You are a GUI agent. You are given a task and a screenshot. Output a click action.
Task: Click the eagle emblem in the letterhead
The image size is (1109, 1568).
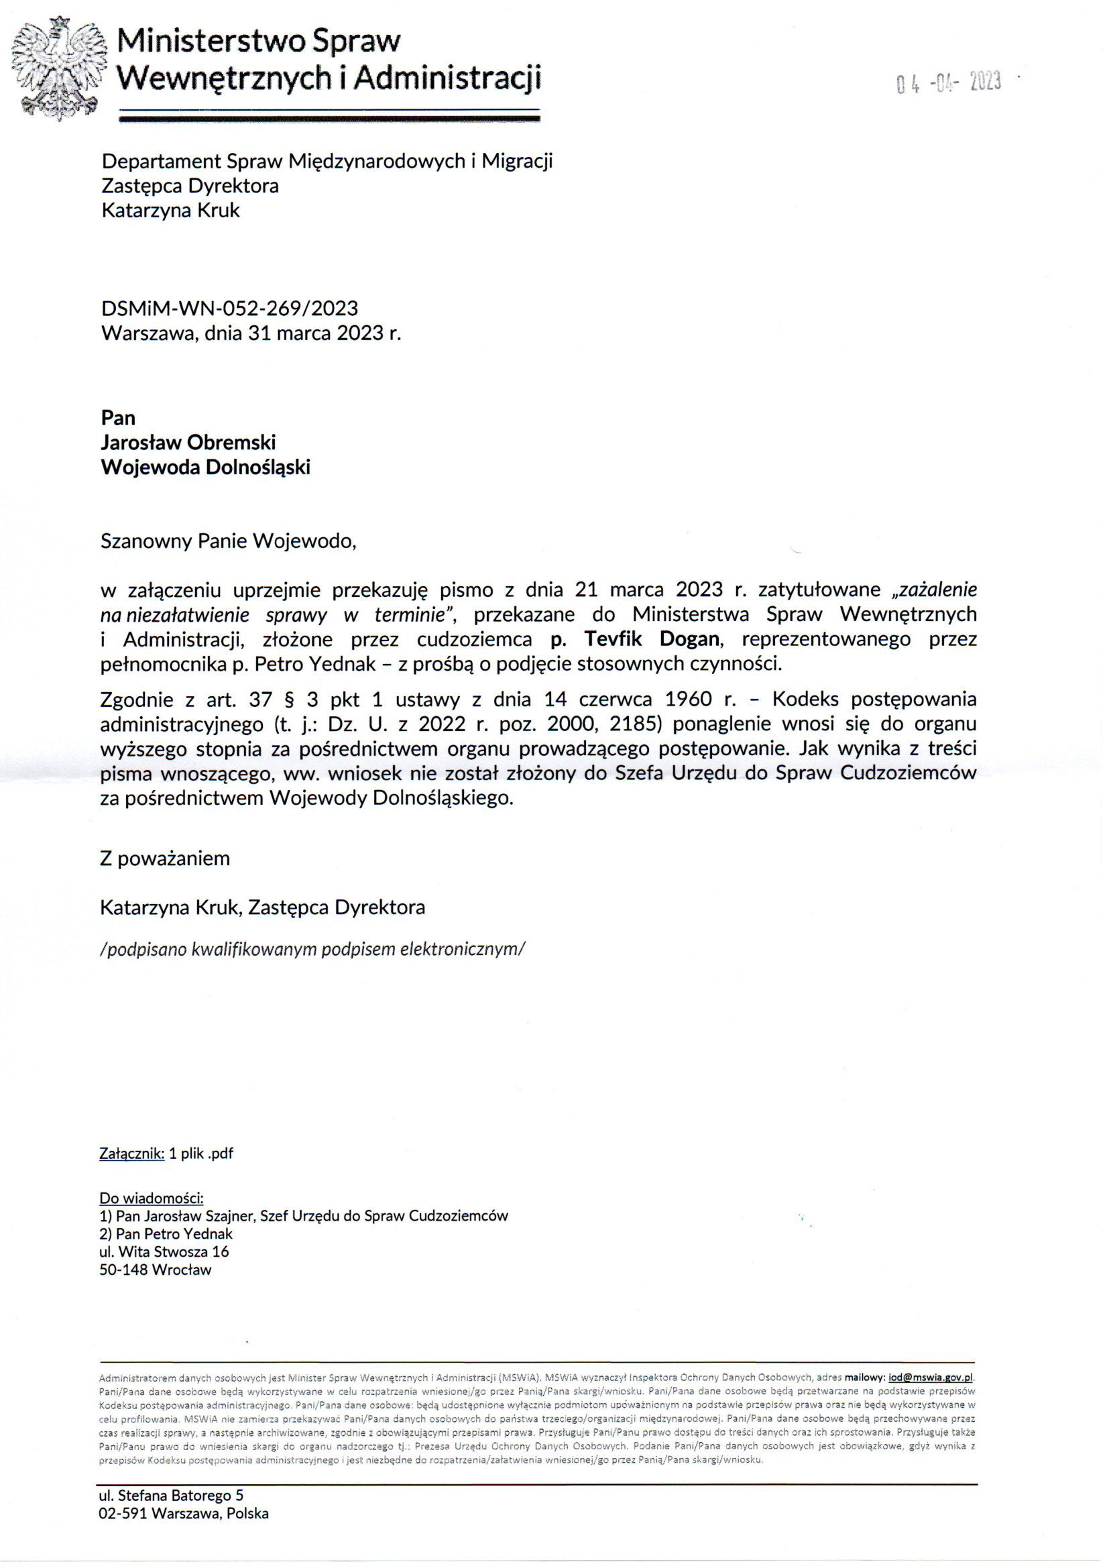(60, 69)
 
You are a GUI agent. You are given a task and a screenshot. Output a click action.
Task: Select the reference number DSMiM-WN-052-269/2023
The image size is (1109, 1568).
(229, 309)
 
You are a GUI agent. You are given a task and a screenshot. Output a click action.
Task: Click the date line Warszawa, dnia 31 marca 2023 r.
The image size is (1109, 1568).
(251, 333)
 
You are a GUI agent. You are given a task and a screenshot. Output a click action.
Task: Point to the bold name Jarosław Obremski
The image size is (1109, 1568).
(188, 443)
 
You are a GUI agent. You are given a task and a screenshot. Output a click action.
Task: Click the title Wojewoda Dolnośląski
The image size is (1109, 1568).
(206, 467)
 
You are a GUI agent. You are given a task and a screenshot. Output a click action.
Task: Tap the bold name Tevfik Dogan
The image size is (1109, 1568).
(652, 639)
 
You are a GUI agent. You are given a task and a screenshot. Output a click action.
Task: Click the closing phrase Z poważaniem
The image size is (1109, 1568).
(165, 858)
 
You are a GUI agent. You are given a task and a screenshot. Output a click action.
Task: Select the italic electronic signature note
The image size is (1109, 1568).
(312, 949)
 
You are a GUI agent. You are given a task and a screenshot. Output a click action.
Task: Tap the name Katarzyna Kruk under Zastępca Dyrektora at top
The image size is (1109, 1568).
(171, 211)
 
